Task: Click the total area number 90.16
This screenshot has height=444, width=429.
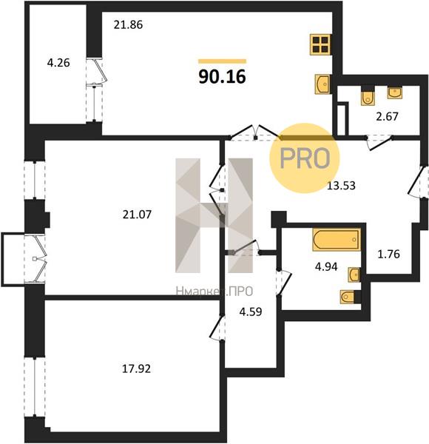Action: (x=222, y=77)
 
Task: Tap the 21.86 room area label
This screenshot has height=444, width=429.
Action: (x=128, y=25)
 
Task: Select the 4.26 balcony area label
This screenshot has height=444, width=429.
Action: (x=58, y=63)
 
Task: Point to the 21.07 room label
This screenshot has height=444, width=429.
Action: (x=138, y=215)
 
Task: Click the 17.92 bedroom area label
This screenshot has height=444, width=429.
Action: (x=136, y=369)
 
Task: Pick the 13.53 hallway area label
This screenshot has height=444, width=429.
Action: (x=341, y=186)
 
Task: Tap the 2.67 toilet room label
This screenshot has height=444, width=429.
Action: (x=387, y=116)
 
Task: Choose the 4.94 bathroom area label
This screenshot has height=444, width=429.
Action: (x=326, y=266)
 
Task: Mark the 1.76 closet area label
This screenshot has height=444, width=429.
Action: (x=389, y=254)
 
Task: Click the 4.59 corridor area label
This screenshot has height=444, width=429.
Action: (x=251, y=312)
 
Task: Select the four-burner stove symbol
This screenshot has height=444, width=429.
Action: (x=321, y=44)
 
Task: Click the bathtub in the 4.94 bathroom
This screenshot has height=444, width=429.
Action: (x=337, y=240)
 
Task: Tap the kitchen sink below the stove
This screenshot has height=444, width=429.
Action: (x=322, y=84)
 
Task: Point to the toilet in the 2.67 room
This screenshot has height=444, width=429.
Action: (x=368, y=97)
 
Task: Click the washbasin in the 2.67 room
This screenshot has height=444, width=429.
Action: (x=395, y=93)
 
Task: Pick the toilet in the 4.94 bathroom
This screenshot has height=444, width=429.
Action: (x=348, y=297)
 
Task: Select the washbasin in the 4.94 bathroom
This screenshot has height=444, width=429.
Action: (x=354, y=275)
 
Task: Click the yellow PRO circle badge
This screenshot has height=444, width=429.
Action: (x=304, y=158)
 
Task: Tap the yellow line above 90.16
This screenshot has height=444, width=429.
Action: (x=222, y=61)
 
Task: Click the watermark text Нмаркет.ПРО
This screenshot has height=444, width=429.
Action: (x=214, y=291)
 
